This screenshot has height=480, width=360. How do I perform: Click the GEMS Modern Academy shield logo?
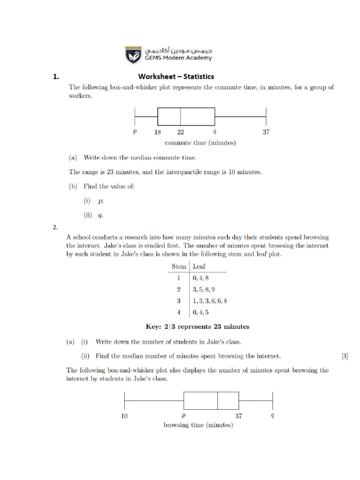click(x=132, y=54)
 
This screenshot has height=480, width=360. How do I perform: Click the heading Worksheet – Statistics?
click(x=176, y=76)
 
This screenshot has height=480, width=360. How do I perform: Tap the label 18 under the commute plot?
click(x=158, y=132)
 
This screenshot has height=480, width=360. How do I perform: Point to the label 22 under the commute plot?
click(x=180, y=132)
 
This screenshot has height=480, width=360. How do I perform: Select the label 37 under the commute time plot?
click(x=266, y=132)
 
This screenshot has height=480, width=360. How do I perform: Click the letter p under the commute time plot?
click(x=135, y=132)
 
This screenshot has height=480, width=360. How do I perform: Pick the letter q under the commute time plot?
click(x=214, y=132)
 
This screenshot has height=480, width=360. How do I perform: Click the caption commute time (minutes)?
click(x=200, y=143)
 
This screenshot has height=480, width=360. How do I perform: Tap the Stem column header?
click(x=179, y=266)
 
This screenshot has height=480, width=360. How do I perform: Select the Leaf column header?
click(x=199, y=266)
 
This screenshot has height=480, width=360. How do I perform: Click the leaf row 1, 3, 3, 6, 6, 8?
click(x=210, y=301)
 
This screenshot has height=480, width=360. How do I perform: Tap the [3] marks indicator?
click(x=345, y=356)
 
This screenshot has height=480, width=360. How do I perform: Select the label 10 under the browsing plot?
click(x=124, y=415)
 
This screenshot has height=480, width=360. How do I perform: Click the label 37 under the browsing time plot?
click(x=239, y=415)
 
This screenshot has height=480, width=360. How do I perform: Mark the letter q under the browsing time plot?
click(x=272, y=415)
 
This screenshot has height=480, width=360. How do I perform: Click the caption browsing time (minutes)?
click(x=198, y=426)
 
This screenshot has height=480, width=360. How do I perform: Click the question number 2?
click(x=55, y=228)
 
